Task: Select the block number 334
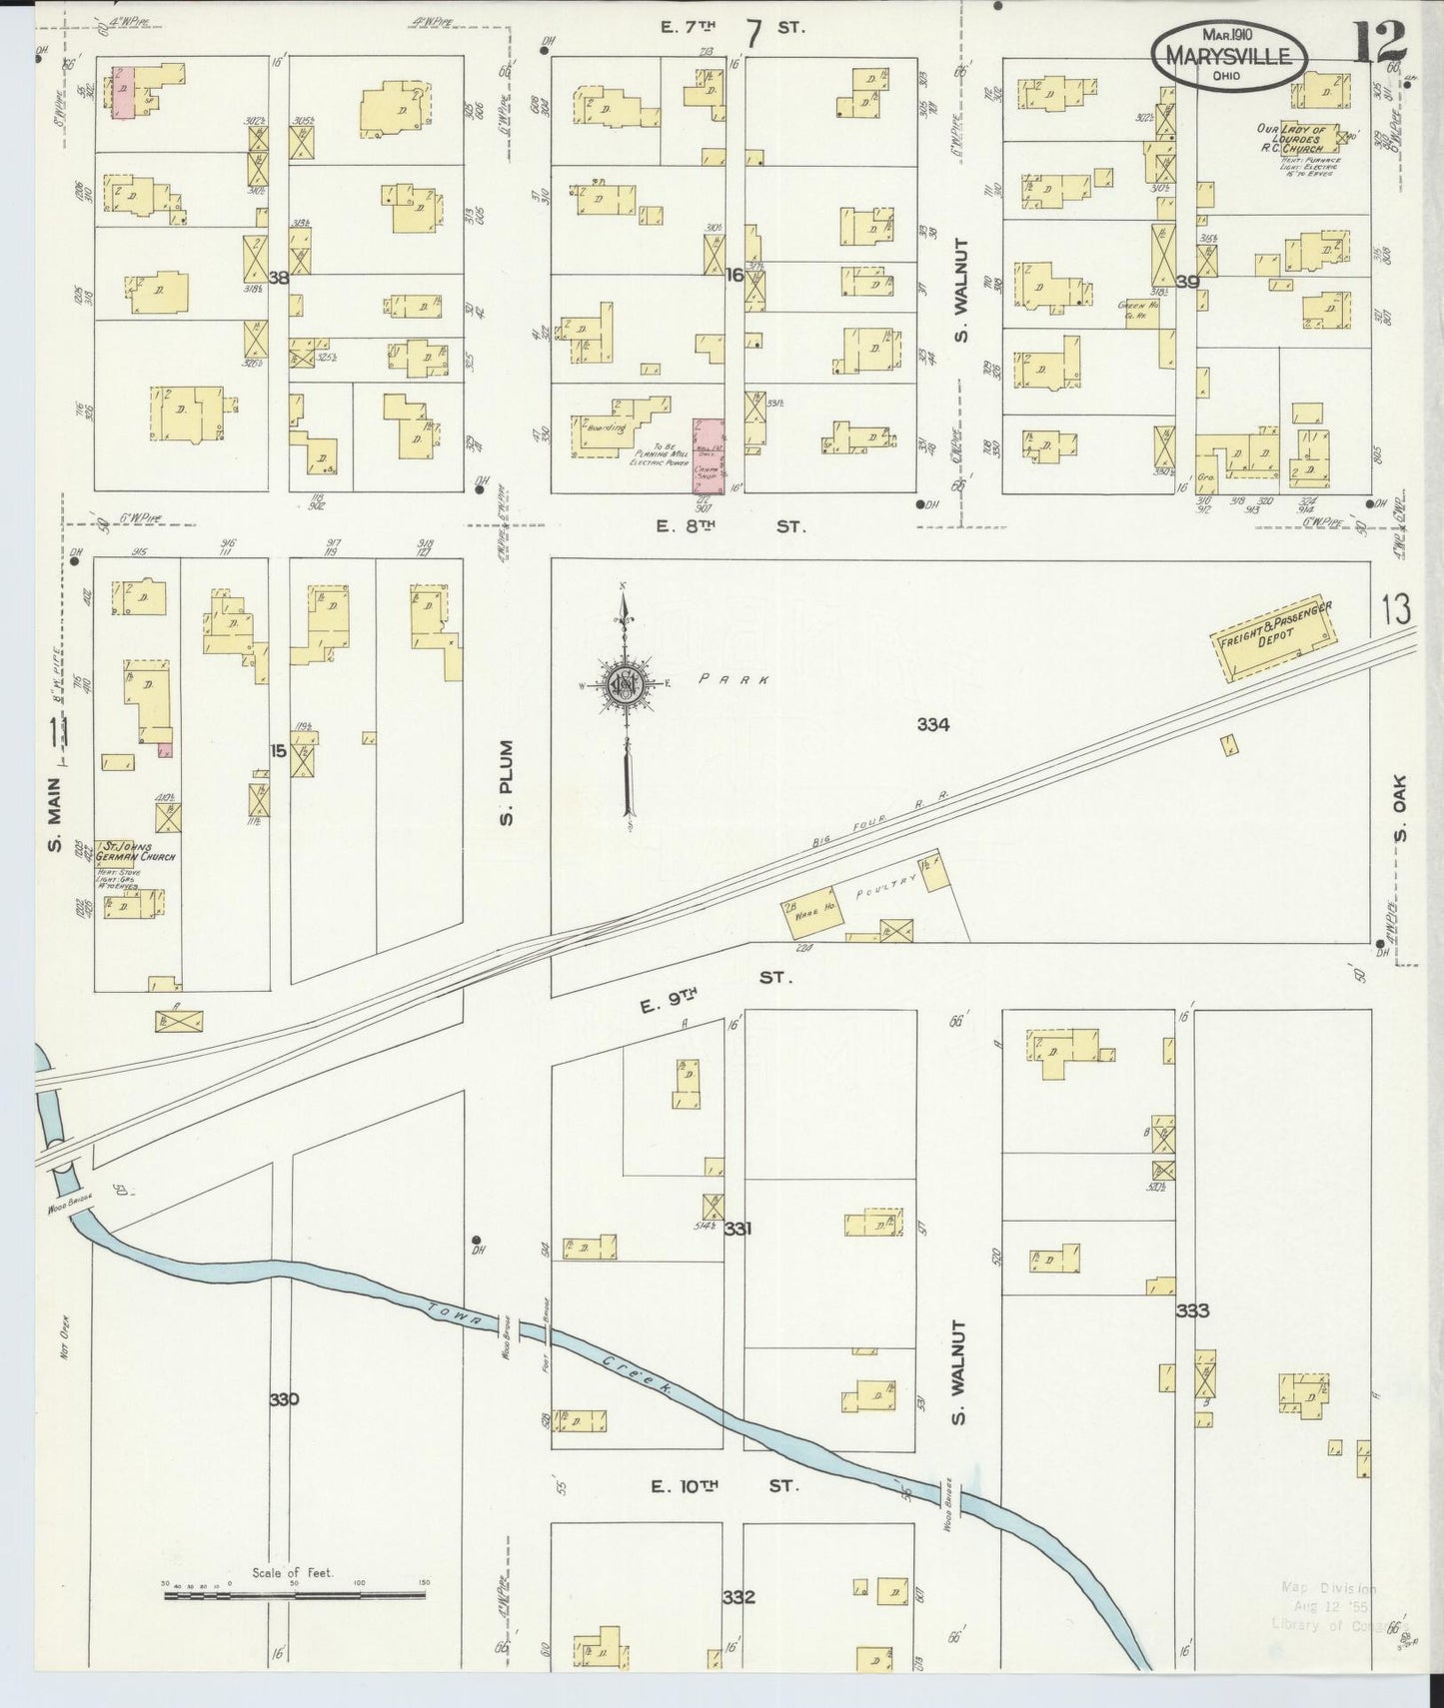pos(932,724)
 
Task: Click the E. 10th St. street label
pos(724,1486)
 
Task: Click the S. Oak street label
pos(1400,821)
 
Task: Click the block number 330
pos(284,1399)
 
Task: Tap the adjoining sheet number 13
pos(1397,607)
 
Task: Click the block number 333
pos(1193,1310)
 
